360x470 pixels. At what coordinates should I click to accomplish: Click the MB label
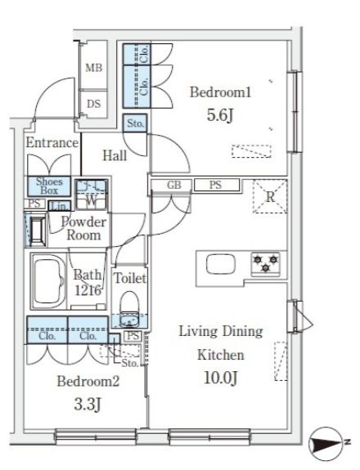pyautogui.click(x=93, y=68)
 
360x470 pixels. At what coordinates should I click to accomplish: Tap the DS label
pyautogui.click(x=93, y=104)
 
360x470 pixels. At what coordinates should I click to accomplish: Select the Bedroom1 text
pyautogui.click(x=220, y=92)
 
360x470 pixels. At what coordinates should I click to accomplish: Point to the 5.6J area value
pyautogui.click(x=220, y=115)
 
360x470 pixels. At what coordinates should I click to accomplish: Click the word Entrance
pyautogui.click(x=52, y=143)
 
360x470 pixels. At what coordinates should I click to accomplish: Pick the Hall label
pyautogui.click(x=115, y=155)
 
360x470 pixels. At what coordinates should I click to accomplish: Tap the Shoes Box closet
pyautogui.click(x=49, y=186)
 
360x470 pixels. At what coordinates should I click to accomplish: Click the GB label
pyautogui.click(x=174, y=185)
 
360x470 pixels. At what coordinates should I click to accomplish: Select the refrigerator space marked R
pyautogui.click(x=270, y=196)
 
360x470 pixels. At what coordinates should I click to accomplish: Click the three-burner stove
pyautogui.click(x=265, y=264)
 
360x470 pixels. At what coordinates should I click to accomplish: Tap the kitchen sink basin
pyautogui.click(x=221, y=264)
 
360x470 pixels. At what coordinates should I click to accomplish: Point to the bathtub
pyautogui.click(x=48, y=282)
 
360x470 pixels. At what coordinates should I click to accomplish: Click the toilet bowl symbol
pyautogui.click(x=129, y=309)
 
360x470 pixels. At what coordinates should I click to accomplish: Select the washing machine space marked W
pyautogui.click(x=91, y=195)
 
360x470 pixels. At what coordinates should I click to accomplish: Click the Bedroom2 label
pyautogui.click(x=88, y=381)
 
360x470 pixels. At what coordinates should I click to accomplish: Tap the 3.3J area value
pyautogui.click(x=88, y=405)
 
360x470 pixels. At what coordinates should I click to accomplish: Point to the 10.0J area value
pyautogui.click(x=221, y=378)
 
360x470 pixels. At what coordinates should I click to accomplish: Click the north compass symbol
pyautogui.click(x=326, y=444)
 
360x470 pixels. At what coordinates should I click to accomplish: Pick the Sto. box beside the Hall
pyautogui.click(x=135, y=123)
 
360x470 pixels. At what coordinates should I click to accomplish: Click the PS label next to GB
pyautogui.click(x=216, y=185)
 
